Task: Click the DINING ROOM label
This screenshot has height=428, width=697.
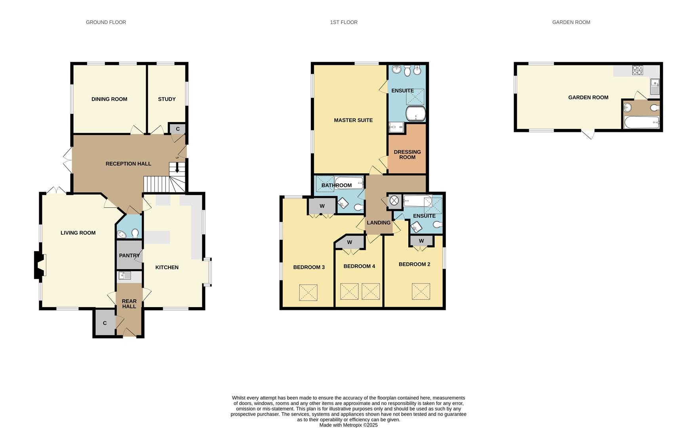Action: point(109,99)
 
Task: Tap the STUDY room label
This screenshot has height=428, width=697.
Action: point(167,99)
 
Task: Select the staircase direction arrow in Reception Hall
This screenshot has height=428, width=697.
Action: point(177,168)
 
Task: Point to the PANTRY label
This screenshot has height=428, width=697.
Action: point(129,256)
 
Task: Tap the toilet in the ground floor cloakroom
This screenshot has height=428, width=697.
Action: point(135,233)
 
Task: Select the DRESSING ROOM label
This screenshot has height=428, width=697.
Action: point(407,155)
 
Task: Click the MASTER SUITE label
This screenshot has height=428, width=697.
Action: point(353,120)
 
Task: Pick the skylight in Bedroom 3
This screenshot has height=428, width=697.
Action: point(309,292)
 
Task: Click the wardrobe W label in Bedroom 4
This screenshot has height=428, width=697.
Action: point(350,242)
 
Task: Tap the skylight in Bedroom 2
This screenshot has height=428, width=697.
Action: point(421,291)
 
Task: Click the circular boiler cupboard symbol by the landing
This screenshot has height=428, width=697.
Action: point(394,201)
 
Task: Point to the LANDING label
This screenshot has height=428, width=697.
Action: point(379,223)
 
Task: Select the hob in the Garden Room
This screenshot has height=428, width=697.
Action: point(638,70)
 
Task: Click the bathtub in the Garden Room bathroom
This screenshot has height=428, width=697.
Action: point(642,122)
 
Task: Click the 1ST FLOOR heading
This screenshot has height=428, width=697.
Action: point(344,22)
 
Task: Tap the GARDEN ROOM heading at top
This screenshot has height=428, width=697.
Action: point(571,22)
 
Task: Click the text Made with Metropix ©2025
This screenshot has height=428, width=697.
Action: point(348,425)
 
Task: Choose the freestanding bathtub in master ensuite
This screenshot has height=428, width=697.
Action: point(416,113)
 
